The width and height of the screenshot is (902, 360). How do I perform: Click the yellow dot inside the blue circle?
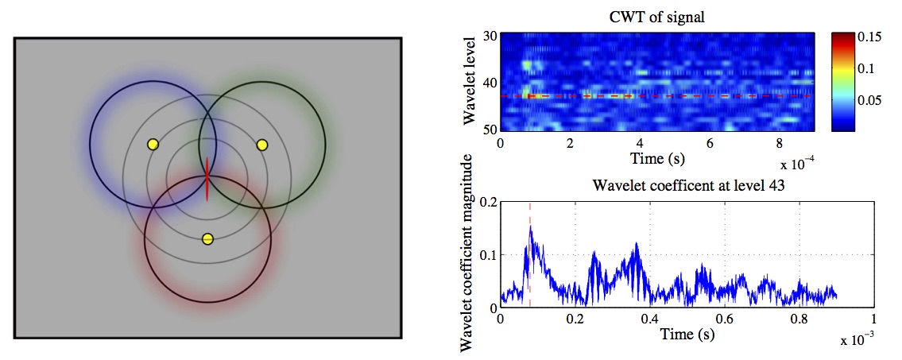point(153,145)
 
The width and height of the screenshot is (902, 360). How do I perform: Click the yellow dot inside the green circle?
point(261,145)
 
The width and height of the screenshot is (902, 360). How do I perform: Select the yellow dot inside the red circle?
point(207,238)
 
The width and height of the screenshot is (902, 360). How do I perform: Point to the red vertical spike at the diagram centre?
point(207,179)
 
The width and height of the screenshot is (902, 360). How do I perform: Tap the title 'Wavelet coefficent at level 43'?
point(687,187)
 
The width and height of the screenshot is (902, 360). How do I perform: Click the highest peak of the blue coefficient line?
point(530,227)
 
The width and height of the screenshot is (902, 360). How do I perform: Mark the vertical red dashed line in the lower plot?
point(530,270)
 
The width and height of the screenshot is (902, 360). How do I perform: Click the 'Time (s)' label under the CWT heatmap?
point(657,157)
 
